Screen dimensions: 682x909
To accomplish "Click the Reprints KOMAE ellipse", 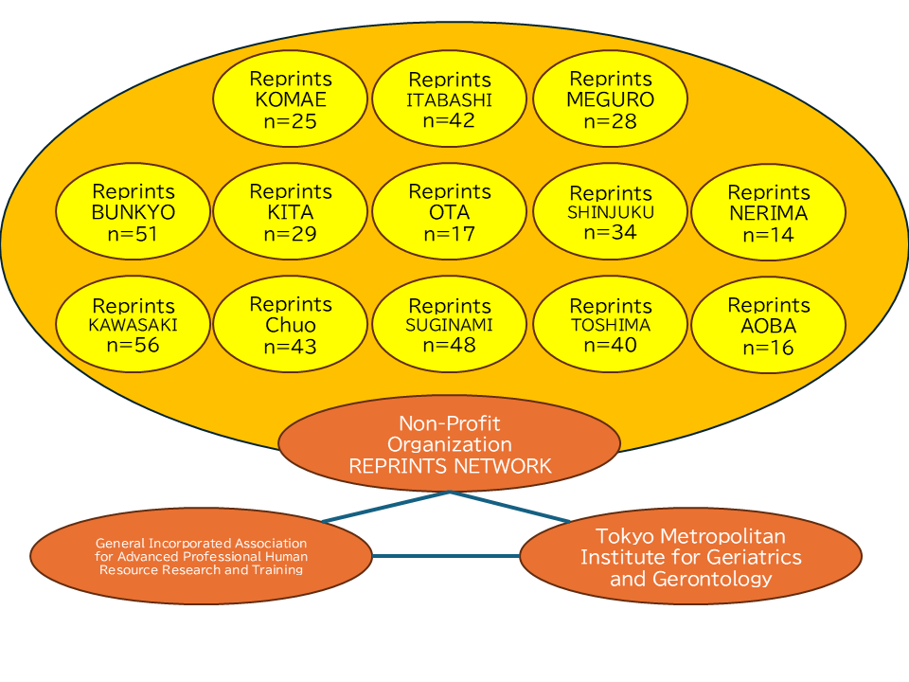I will click(291, 99).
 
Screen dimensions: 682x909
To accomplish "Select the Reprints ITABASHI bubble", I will click(450, 99).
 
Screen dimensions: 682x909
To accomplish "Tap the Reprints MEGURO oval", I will click(611, 99).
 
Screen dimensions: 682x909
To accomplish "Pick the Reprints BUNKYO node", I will click(134, 212).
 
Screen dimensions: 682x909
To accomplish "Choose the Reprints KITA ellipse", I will click(291, 212).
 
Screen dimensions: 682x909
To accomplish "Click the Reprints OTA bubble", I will click(450, 212).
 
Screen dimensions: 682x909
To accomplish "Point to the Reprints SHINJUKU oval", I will click(611, 212).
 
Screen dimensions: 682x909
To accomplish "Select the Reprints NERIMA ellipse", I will click(769, 212).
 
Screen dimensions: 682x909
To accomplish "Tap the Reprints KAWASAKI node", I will click(134, 326).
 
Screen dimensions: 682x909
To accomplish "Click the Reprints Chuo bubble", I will click(291, 326).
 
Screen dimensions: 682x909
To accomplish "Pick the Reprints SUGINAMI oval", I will click(450, 326).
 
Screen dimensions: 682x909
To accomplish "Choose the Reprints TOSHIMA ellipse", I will click(611, 326).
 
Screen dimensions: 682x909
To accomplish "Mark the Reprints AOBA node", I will click(769, 326).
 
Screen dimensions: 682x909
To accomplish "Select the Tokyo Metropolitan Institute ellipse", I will click(691, 557).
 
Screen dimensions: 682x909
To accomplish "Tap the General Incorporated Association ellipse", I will click(201, 557).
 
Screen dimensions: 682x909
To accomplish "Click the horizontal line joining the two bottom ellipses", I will click(445, 556).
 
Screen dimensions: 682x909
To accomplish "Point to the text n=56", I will click(134, 345).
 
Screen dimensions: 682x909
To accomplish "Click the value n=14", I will click(769, 235).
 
